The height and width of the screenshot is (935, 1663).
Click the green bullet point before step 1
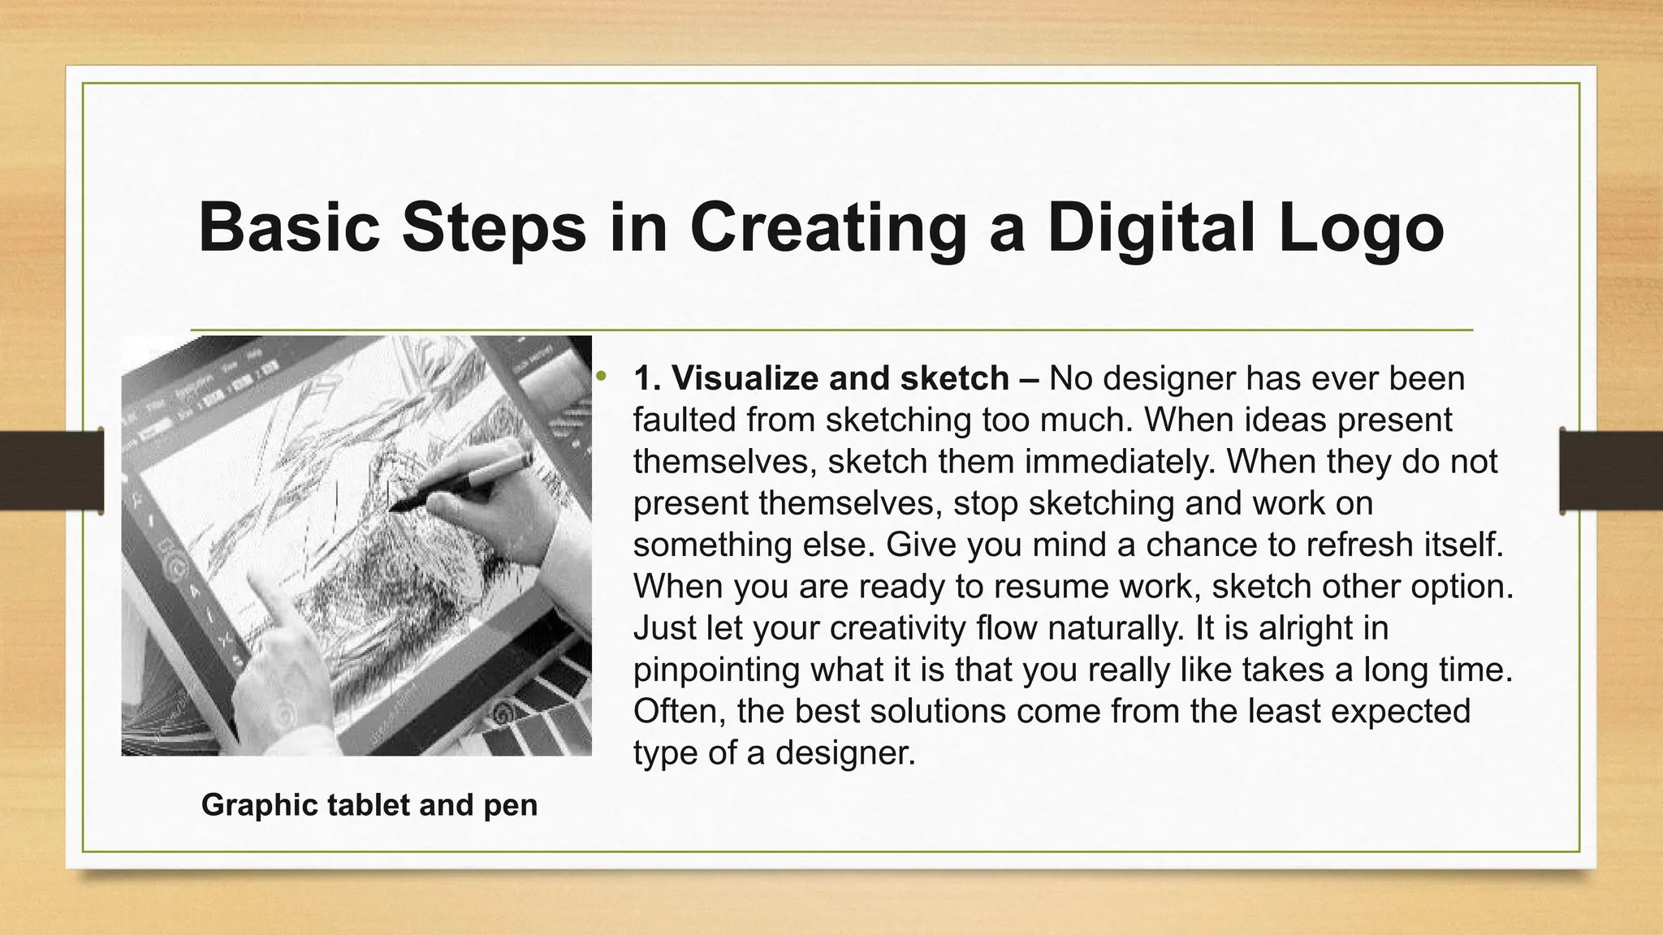click(601, 376)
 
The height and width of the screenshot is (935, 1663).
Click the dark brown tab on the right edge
click(1610, 472)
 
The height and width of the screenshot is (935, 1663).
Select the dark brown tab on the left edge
click(51, 472)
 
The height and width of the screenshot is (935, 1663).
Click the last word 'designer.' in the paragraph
click(844, 753)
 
